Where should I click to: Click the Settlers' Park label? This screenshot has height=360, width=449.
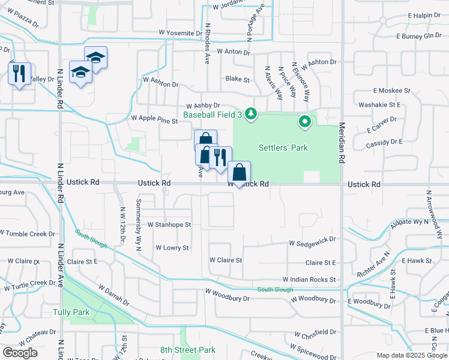click(283, 148)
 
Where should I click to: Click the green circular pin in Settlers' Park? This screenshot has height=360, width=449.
click(305, 122)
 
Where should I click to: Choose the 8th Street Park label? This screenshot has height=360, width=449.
click(187, 350)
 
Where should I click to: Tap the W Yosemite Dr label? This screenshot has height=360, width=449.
click(180, 33)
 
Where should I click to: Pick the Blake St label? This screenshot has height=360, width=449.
click(237, 79)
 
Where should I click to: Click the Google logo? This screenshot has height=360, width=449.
click(20, 353)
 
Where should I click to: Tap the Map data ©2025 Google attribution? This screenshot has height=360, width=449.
click(412, 355)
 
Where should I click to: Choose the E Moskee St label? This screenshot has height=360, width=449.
click(391, 91)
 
